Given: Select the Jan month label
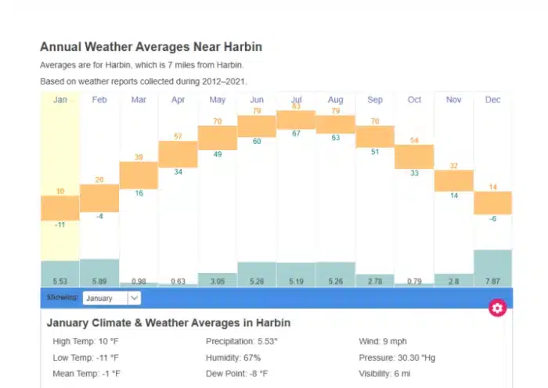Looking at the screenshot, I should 60,99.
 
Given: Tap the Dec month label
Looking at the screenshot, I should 492,99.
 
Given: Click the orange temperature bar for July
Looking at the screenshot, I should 296,120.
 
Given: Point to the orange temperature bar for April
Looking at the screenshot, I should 178,153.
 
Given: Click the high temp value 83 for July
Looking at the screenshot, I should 296,106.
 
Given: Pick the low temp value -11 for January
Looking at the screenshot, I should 60,225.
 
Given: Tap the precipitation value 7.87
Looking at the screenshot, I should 492,281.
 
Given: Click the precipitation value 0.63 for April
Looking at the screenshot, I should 178,281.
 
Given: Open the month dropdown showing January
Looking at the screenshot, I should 112,298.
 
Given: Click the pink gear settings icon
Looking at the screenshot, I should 497,307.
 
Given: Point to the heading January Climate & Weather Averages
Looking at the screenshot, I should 168,323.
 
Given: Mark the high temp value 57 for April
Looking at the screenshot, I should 178,136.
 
